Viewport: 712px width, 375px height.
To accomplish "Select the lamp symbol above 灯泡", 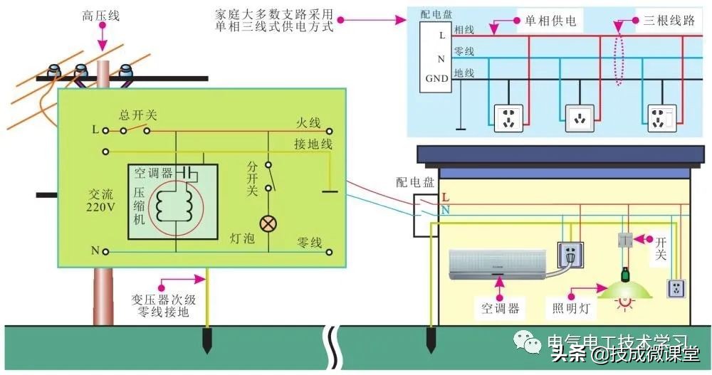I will [x=268, y=223].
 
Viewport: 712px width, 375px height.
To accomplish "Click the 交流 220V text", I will [x=101, y=201].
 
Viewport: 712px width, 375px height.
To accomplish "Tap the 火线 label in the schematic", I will [x=309, y=123].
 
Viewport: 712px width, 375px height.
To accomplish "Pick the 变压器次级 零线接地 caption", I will [x=160, y=304].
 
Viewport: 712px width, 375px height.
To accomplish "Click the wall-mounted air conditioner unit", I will [x=498, y=263].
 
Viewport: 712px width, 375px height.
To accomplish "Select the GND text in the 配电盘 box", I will [x=436, y=78].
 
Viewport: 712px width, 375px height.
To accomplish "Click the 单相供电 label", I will [x=550, y=21].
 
